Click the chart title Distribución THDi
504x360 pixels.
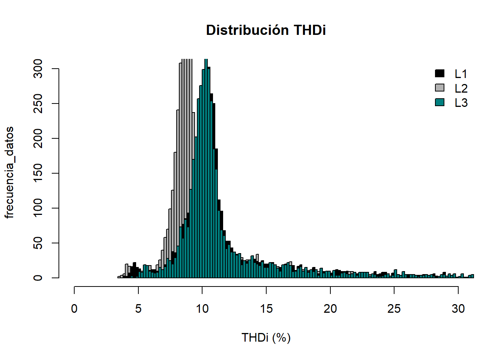pyautogui.click(x=266, y=30)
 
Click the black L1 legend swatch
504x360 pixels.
pyautogui.click(x=439, y=73)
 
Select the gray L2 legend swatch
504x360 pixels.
pyautogui.click(x=439, y=88)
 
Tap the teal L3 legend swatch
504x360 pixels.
pyautogui.click(x=439, y=102)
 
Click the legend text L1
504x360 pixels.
pyautogui.click(x=461, y=74)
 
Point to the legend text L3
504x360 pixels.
pyautogui.click(x=461, y=103)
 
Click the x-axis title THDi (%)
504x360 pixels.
pyautogui.click(x=266, y=337)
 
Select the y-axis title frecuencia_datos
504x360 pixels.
pyautogui.click(x=9, y=172)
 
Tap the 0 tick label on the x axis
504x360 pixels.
pyautogui.click(x=74, y=309)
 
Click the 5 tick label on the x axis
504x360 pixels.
pyautogui.click(x=138, y=309)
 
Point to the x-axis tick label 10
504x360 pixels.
pyautogui.click(x=202, y=309)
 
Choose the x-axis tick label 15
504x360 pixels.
pyautogui.click(x=266, y=309)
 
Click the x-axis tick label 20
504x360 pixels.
pyautogui.click(x=330, y=309)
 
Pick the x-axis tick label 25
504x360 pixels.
pyautogui.click(x=394, y=309)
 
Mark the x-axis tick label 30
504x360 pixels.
pyautogui.click(x=458, y=309)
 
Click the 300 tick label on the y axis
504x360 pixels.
pyautogui.click(x=38, y=69)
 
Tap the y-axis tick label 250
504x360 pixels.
pyautogui.click(x=38, y=103)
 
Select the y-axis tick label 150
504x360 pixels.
pyautogui.click(x=38, y=173)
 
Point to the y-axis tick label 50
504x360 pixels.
pyautogui.click(x=38, y=243)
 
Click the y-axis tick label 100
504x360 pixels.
pyautogui.click(x=38, y=208)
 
